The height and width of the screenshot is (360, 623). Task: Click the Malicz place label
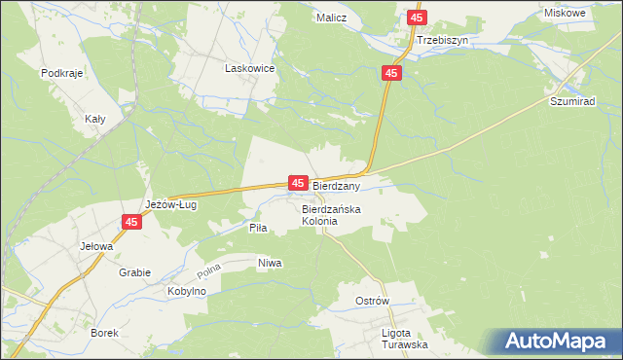333,18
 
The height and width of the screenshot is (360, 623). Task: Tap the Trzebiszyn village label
442,41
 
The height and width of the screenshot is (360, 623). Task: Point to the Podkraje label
59,73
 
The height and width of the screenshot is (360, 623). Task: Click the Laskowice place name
250,69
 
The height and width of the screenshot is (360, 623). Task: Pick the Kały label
95,118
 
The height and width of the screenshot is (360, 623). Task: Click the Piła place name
258,227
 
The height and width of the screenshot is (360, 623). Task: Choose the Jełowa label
97,246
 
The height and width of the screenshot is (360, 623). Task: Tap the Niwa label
270,263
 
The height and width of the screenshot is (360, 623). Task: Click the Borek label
104,333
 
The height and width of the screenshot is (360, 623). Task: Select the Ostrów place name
373,301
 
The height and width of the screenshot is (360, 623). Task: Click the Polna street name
209,268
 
